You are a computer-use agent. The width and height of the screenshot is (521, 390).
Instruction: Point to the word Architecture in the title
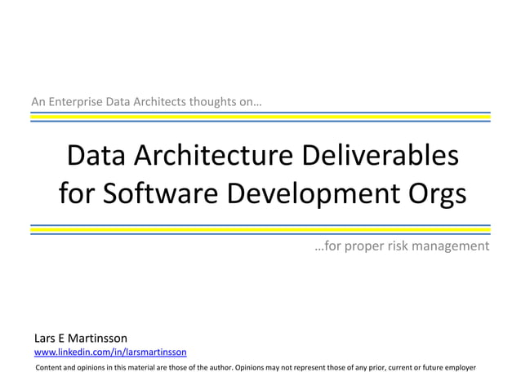(x=207, y=155)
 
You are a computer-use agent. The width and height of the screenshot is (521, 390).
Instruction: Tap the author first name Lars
(x=43, y=338)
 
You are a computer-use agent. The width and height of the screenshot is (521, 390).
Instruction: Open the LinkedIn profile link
(x=109, y=352)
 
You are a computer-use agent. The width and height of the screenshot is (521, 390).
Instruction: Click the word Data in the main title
(x=94, y=155)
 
